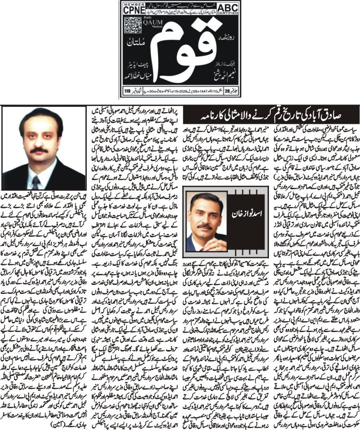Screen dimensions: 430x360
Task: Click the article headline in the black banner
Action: [249, 116]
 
